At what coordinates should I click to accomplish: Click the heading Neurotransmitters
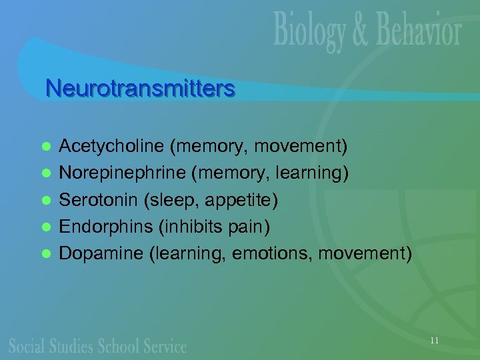140,88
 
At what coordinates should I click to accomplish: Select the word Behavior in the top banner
414,32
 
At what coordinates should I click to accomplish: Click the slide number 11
435,341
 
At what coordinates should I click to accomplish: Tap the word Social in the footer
26,346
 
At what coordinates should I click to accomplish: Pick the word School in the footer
119,346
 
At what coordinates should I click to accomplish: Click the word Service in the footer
165,346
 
